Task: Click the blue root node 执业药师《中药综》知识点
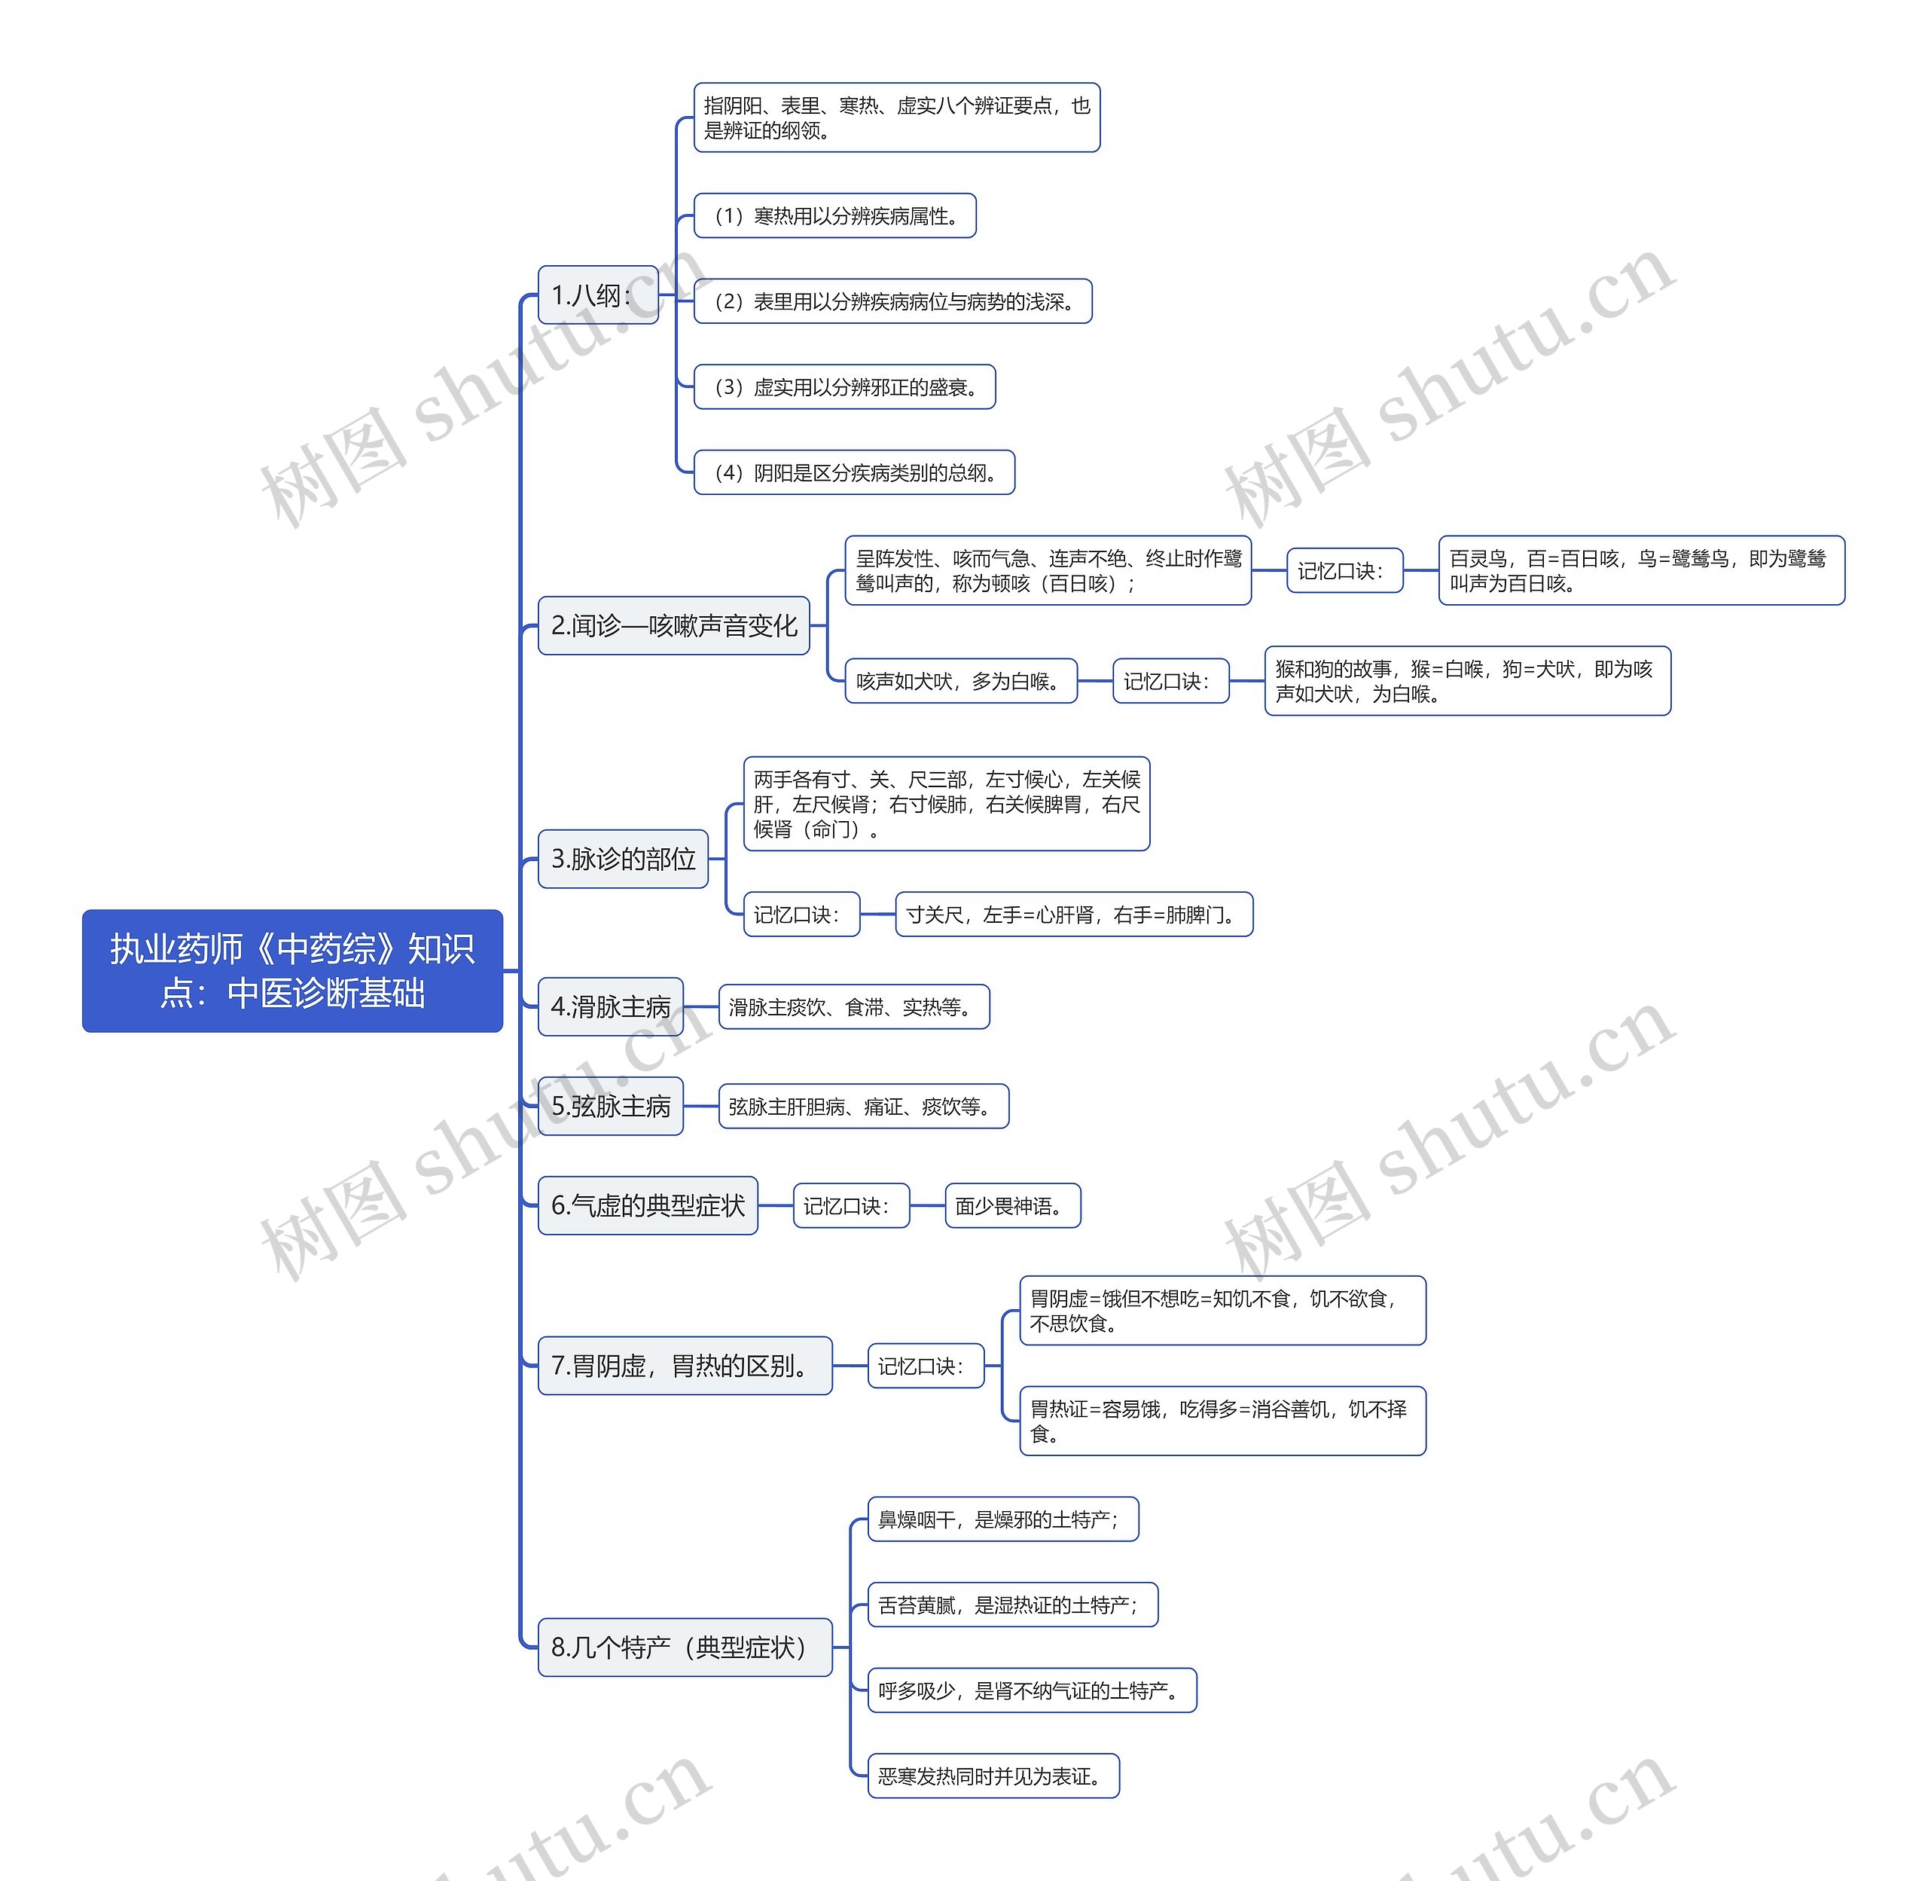point(292,970)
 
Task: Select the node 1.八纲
point(597,295)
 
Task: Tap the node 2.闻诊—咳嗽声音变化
point(673,625)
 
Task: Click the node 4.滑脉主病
point(610,1006)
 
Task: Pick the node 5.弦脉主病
point(610,1106)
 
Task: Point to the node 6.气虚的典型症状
point(647,1205)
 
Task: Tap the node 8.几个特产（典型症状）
point(685,1647)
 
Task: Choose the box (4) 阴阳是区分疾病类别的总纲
point(854,472)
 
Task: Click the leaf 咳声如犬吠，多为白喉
point(960,681)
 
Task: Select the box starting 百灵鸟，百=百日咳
point(1640,570)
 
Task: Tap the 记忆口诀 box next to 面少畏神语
point(850,1205)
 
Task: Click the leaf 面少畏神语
point(1012,1205)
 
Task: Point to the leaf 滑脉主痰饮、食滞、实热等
point(853,1006)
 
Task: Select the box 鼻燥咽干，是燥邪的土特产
point(1002,1519)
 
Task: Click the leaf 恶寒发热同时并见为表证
point(993,1776)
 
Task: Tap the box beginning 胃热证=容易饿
point(1222,1421)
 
